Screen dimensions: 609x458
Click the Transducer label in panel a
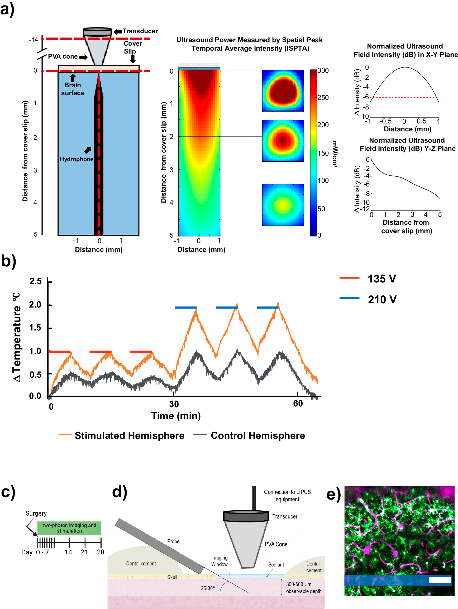[x=140, y=31]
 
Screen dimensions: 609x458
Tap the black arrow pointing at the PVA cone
[x=83, y=57]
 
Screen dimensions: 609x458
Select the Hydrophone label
[x=76, y=159]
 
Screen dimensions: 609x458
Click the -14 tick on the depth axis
[x=33, y=40]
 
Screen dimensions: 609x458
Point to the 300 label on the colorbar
[x=323, y=70]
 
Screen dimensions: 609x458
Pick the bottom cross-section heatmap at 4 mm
[x=283, y=205]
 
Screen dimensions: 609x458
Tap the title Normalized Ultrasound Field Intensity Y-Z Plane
[x=407, y=144]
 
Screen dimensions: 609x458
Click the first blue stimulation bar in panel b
[x=186, y=307]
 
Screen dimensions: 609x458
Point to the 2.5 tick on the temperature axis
[x=35, y=281]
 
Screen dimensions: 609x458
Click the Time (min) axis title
[x=176, y=415]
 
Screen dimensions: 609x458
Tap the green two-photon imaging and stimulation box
[x=69, y=528]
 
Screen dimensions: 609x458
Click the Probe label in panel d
[x=173, y=541]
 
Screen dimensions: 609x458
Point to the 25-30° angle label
[x=207, y=588]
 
